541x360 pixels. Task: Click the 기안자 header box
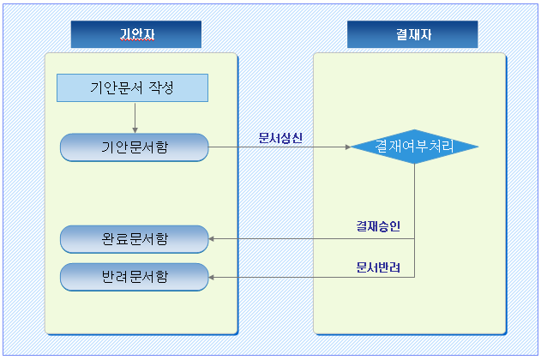point(135,34)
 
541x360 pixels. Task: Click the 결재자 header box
point(412,34)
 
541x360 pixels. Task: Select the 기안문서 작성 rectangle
point(133,87)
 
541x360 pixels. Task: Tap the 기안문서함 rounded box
point(134,147)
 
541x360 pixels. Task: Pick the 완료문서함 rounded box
point(134,239)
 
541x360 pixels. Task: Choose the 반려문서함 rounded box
point(134,277)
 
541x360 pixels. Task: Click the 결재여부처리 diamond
point(414,147)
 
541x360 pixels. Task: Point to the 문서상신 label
point(280,137)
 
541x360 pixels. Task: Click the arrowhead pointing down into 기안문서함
point(135,129)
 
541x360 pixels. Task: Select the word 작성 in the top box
point(160,87)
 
